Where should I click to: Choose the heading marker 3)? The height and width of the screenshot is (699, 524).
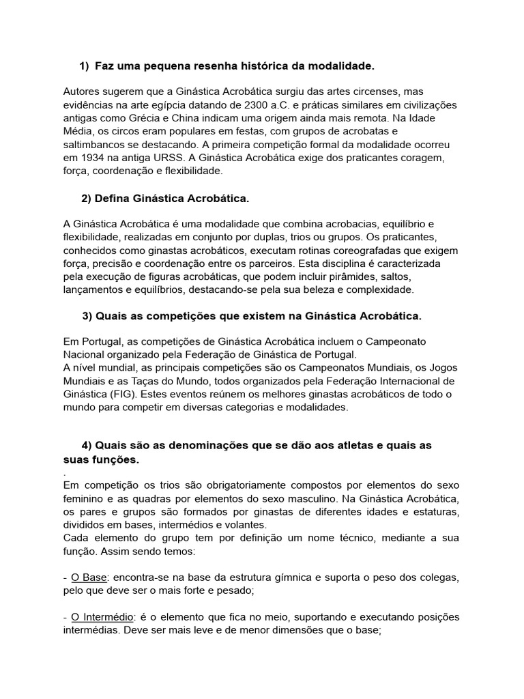87,316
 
